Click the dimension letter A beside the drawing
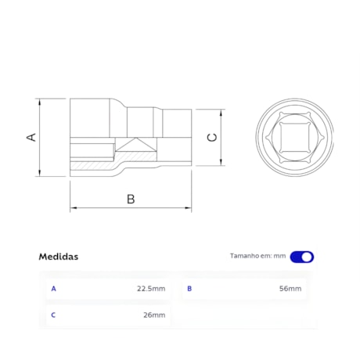tap(32, 137)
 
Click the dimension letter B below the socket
tap(131, 199)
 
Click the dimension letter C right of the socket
tap(211, 138)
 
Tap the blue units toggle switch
tap(301, 257)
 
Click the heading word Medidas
tap(59, 257)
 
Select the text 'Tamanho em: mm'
tap(257, 257)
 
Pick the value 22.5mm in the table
tap(150, 289)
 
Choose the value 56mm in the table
tap(290, 289)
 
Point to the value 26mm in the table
tap(154, 315)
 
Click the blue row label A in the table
tap(53, 289)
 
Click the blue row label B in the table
tap(189, 289)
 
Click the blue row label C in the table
tap(53, 315)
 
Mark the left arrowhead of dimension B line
tap(74, 208)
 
